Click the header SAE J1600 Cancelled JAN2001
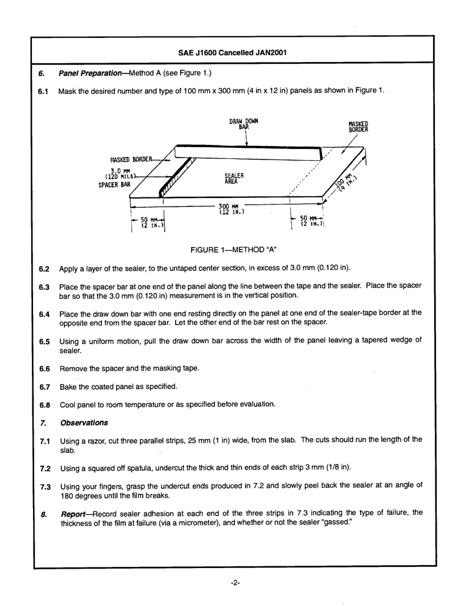[x=232, y=52]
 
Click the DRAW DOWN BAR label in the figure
[x=243, y=124]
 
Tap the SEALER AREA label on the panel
[x=234, y=178]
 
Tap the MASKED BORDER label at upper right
[x=358, y=126]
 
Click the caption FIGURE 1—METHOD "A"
[x=233, y=249]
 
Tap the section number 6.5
[x=44, y=340]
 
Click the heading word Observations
[x=84, y=422]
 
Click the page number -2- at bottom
[x=236, y=583]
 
